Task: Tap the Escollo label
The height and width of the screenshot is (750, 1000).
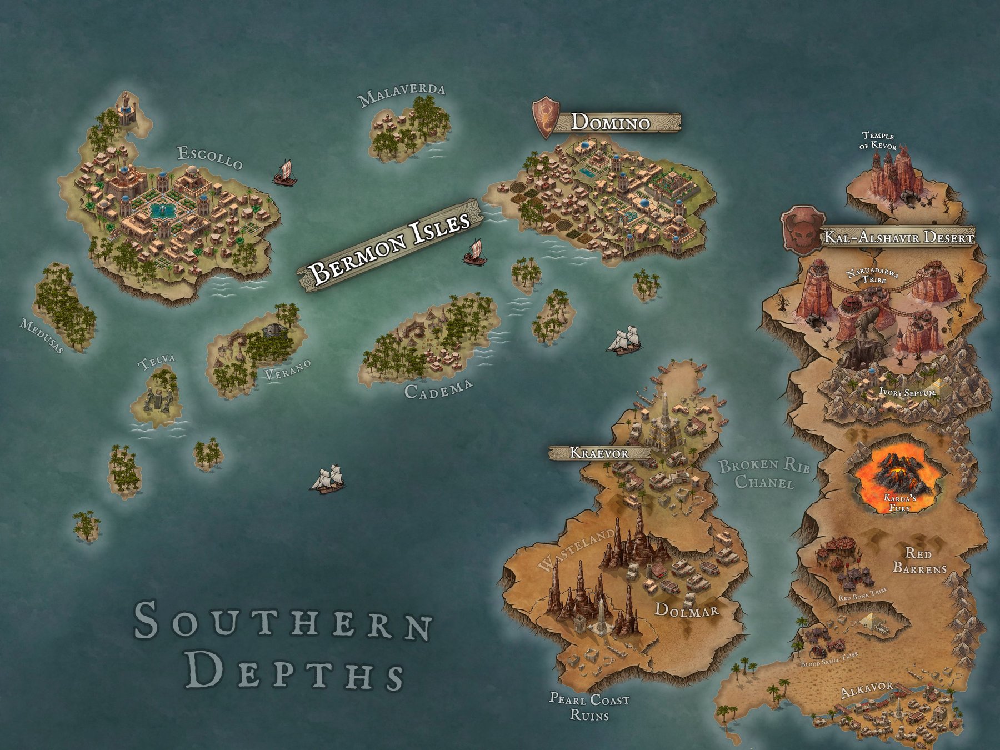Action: (210, 157)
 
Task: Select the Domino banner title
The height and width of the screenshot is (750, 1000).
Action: (611, 122)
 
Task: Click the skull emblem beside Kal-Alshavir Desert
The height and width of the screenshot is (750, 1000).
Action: (801, 231)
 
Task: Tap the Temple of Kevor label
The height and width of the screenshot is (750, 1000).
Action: (878, 141)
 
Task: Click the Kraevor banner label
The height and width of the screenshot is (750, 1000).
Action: (599, 453)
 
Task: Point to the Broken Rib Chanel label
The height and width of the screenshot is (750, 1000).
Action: (764, 473)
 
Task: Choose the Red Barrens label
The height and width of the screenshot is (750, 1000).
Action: (919, 561)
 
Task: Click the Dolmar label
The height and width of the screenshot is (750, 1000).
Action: (687, 610)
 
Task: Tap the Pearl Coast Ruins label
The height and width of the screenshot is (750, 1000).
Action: (589, 706)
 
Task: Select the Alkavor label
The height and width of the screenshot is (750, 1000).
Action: (867, 689)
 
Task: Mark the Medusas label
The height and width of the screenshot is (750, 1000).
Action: (42, 336)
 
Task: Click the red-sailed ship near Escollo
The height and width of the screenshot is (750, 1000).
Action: (284, 173)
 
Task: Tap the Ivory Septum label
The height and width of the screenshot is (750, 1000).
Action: (907, 392)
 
